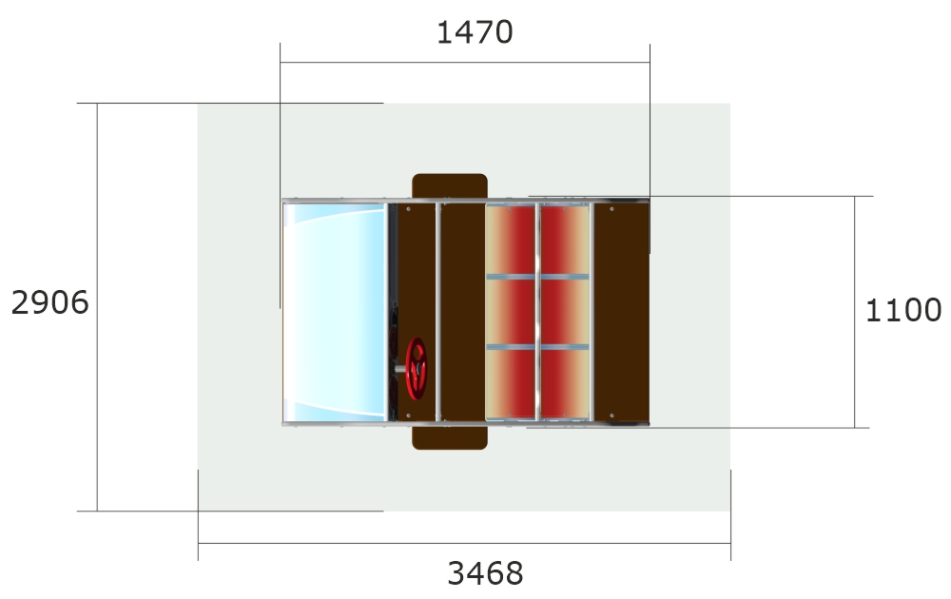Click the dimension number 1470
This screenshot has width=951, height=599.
point(475,32)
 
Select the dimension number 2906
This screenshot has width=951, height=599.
point(49,302)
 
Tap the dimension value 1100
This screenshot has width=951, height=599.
point(903,310)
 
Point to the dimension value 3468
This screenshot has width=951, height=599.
point(485,573)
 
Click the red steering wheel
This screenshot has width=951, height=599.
point(417,369)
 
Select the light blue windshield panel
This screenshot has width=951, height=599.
point(334,312)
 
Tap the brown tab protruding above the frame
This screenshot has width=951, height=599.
point(450,185)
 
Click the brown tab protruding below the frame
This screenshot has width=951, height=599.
point(450,437)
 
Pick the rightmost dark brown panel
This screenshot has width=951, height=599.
point(622,312)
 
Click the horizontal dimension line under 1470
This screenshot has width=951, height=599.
point(465,62)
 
